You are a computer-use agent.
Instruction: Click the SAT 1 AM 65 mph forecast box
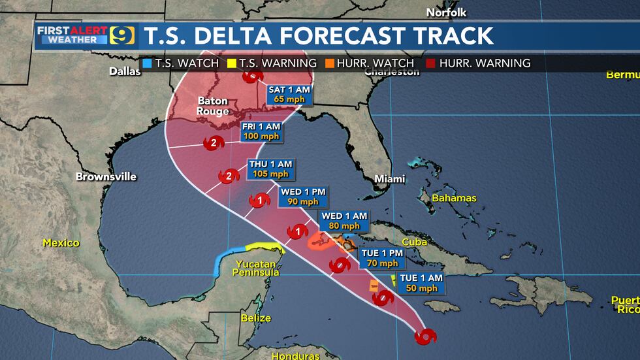click(x=289, y=95)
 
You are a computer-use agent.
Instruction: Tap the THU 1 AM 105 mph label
click(x=268, y=169)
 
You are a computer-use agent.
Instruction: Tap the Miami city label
click(x=390, y=179)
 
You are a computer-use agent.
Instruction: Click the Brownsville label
click(x=97, y=176)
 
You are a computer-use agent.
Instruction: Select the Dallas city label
click(x=125, y=71)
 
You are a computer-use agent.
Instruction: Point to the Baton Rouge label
click(x=213, y=106)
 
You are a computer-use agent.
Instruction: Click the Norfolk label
click(x=447, y=12)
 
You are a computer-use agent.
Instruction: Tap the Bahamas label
click(x=457, y=198)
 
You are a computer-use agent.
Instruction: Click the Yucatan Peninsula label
click(x=258, y=268)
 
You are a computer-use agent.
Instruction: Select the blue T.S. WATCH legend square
click(x=148, y=63)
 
